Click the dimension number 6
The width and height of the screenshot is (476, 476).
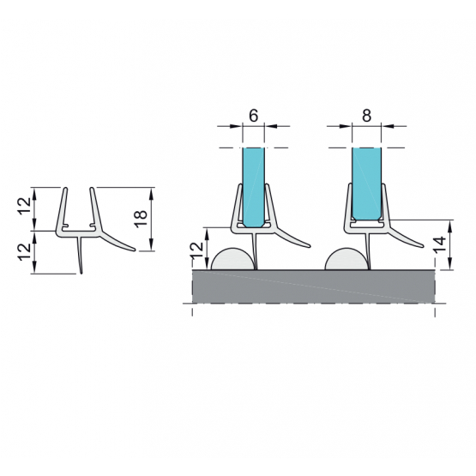pos(254,116)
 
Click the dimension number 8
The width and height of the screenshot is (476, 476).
pos(367,116)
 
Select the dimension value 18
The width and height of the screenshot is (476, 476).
pos(142,219)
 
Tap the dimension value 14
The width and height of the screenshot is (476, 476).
pos(440,244)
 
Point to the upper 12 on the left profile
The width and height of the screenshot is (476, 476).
pos(25,207)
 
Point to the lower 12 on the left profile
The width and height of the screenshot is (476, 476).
pos(25,252)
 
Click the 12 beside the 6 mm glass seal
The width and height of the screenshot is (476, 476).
pos(197,250)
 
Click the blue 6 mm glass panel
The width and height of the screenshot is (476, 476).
pos(254,187)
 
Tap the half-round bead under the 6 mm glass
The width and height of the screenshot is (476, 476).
pos(232,261)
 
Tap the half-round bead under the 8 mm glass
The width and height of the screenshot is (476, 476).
pos(346,261)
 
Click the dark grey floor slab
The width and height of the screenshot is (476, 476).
pos(313,286)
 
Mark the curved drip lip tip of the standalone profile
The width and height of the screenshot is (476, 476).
pos(134,250)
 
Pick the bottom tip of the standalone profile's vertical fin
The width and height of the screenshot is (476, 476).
pos(81,273)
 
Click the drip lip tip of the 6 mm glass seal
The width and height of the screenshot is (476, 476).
pos(310,246)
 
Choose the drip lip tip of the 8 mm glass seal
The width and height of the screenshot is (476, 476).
pos(423,246)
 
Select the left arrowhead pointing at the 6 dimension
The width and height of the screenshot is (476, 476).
pos(236,126)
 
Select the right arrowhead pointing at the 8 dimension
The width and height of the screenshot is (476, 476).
pos(388,126)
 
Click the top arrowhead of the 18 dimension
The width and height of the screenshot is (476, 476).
pos(152,193)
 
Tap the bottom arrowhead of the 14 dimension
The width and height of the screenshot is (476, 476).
pos(450,264)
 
